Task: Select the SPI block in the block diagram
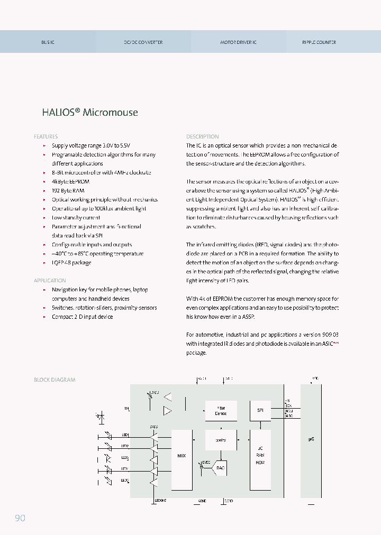[x=260, y=410]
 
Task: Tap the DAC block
[x=220, y=468]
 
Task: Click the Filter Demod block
[x=221, y=410]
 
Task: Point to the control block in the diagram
[x=221, y=439]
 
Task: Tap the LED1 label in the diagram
[x=125, y=435]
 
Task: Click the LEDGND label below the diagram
[x=160, y=500]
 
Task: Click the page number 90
[x=20, y=518]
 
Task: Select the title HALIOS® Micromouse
[x=90, y=112]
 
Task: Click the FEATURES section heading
[x=46, y=136]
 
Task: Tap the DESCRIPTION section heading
[x=202, y=136]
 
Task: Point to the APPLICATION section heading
[x=50, y=281]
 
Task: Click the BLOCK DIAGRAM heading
[x=55, y=380]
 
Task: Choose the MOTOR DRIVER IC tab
[x=238, y=42]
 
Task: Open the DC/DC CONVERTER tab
[x=143, y=42]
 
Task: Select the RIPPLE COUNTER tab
[x=319, y=42]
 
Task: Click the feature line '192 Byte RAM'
[x=68, y=191]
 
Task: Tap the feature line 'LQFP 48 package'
[x=71, y=263]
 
